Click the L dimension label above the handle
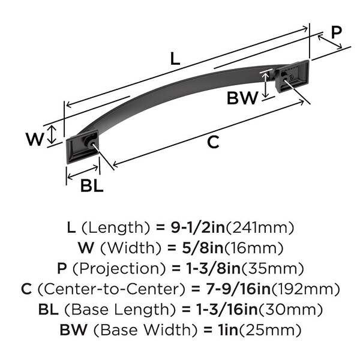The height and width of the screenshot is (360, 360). pos(174,59)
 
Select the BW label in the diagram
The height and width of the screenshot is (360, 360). pos(242,98)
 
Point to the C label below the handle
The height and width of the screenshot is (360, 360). pos(212,142)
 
